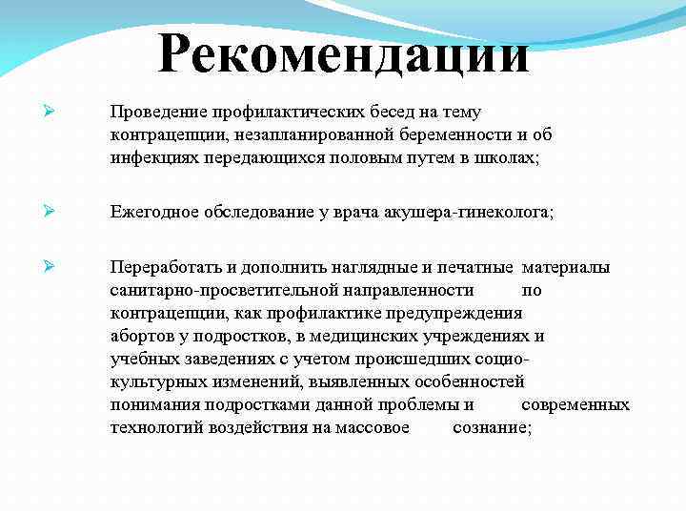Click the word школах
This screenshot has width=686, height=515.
point(507,158)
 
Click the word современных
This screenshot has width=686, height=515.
point(575,404)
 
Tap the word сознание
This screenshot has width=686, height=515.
point(492,428)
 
